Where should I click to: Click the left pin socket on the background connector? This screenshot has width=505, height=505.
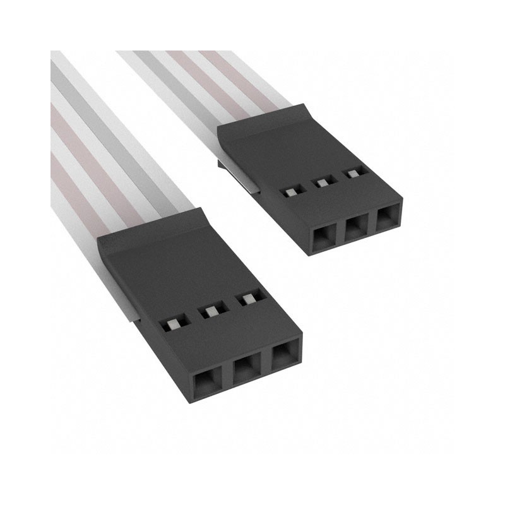pyautogui.click(x=323, y=239)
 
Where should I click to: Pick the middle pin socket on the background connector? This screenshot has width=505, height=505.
pyautogui.click(x=355, y=230)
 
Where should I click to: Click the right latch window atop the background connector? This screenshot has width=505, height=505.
pyautogui.click(x=350, y=172)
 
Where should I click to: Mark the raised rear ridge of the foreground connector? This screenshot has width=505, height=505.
pyautogui.click(x=151, y=230)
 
